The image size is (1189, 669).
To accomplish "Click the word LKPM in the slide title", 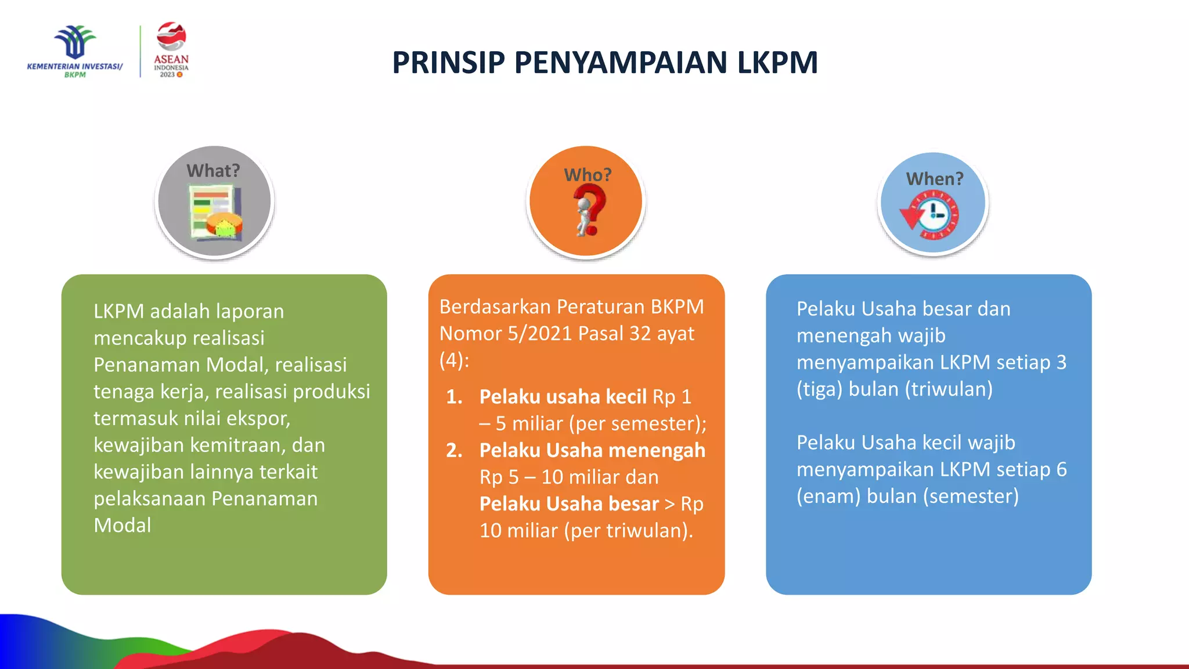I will [777, 63].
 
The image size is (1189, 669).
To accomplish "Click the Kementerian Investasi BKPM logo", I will [75, 51].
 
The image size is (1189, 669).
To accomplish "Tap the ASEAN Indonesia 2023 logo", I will [171, 50].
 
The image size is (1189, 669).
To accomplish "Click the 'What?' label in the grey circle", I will [213, 171].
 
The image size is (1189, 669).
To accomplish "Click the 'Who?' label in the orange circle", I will [588, 175].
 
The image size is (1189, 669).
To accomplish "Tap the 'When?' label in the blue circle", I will [935, 179].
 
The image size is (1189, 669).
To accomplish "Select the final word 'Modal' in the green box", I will [122, 525].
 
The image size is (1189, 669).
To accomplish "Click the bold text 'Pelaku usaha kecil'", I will [563, 397].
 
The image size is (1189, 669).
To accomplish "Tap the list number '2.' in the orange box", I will [454, 450].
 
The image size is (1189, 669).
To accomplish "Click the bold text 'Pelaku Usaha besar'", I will [569, 503].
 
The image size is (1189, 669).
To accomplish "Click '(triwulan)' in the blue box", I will [949, 389].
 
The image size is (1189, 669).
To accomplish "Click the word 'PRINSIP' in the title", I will [448, 63].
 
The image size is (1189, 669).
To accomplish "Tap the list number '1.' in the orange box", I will [454, 397].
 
